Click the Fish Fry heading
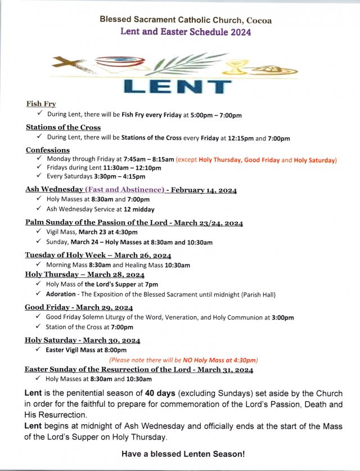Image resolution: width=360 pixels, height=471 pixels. point(41,104)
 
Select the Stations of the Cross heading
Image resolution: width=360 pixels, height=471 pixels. point(63,127)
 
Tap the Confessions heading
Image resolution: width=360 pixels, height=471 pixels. point(48,150)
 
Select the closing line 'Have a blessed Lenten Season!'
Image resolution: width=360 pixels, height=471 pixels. point(183,454)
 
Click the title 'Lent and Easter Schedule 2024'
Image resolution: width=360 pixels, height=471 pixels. point(186,32)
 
